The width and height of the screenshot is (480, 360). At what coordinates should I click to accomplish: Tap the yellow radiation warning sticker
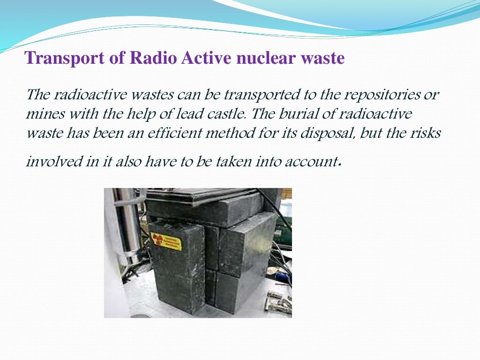[166, 241]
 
